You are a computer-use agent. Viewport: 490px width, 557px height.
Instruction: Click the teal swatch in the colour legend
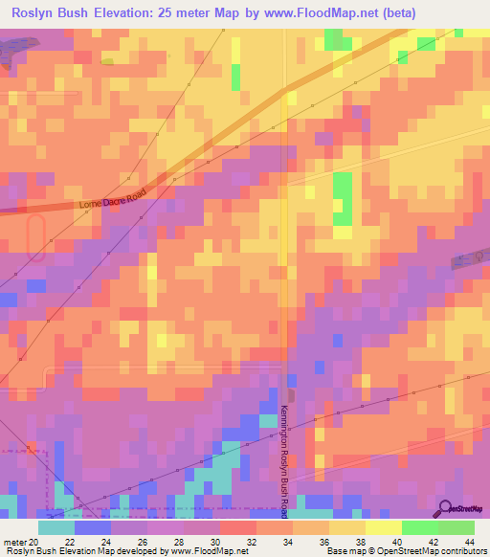(56, 527)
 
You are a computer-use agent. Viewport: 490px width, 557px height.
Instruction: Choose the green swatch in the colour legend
(420, 527)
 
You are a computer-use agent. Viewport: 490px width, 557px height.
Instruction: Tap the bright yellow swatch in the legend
(384, 527)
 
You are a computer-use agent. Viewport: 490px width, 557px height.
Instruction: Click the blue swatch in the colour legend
(93, 527)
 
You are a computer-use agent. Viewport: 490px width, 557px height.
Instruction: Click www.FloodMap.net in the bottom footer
(204, 550)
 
